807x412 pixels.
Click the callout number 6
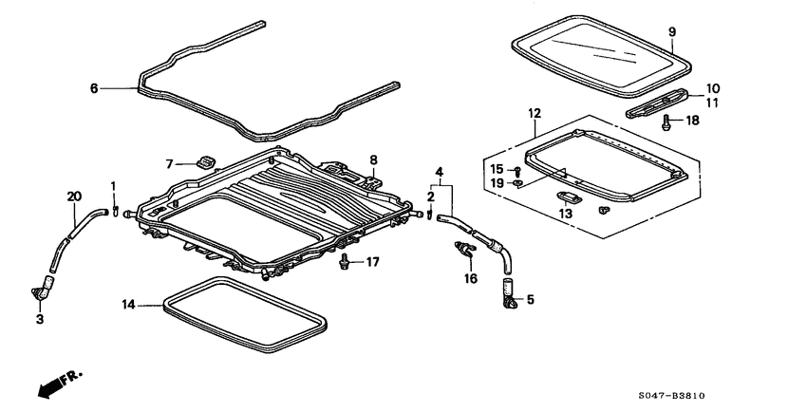pyautogui.click(x=94, y=88)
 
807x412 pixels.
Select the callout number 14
pyautogui.click(x=129, y=305)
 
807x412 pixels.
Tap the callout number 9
pyautogui.click(x=672, y=32)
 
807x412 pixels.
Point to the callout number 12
pyautogui.click(x=534, y=113)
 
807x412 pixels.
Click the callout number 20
pyautogui.click(x=75, y=197)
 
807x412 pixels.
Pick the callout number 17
pyautogui.click(x=372, y=262)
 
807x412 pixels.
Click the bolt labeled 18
pyautogui.click(x=666, y=122)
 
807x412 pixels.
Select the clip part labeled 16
pyautogui.click(x=465, y=252)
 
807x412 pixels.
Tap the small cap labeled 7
pyautogui.click(x=203, y=161)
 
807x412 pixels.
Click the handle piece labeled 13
pyautogui.click(x=571, y=197)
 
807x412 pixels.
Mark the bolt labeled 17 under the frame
pyautogui.click(x=343, y=261)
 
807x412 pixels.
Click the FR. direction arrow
pyautogui.click(x=56, y=384)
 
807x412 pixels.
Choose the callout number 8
pyautogui.click(x=374, y=160)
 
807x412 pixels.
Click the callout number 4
pyautogui.click(x=439, y=172)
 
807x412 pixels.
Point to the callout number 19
pyautogui.click(x=497, y=182)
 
